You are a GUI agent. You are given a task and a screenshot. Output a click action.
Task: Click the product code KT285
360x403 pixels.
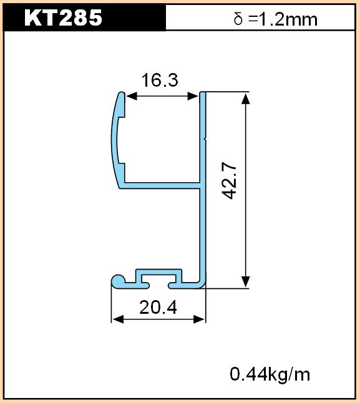point(63,17)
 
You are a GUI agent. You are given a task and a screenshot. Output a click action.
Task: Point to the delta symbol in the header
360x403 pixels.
point(238,19)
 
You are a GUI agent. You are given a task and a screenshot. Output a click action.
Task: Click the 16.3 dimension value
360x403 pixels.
point(160,80)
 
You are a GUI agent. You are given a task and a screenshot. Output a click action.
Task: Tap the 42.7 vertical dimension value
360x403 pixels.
point(229,182)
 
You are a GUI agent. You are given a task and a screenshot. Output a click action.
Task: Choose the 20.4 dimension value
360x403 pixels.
point(158,308)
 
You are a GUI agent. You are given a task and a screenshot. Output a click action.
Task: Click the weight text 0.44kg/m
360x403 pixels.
point(270,374)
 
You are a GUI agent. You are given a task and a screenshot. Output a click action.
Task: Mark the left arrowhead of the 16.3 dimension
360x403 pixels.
point(132,96)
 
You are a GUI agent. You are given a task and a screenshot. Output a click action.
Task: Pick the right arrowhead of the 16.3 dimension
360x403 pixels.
point(193,96)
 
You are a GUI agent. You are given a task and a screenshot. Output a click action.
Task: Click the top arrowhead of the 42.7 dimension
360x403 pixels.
point(246,99)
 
